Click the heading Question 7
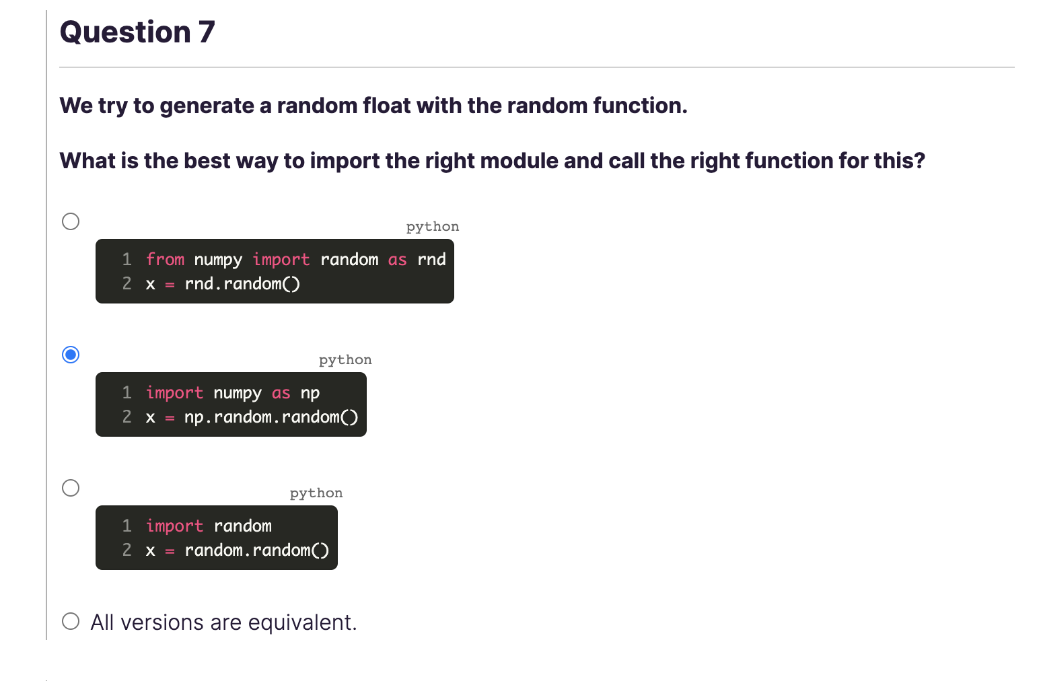click(x=137, y=32)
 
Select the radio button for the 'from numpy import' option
click(x=71, y=221)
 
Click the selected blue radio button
click(x=71, y=355)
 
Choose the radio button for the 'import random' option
click(x=71, y=488)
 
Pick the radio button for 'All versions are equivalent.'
click(x=71, y=621)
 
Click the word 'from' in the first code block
click(x=165, y=260)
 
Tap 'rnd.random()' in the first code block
click(x=242, y=284)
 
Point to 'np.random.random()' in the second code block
click(x=271, y=417)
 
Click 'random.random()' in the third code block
click(x=257, y=550)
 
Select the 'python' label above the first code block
click(x=432, y=227)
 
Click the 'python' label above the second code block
click(x=345, y=360)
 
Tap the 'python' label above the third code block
click(x=316, y=493)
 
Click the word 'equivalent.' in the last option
click(x=302, y=622)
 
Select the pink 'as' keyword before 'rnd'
click(x=397, y=260)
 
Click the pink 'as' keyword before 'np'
click(x=281, y=393)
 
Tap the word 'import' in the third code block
click(x=174, y=526)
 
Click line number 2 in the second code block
click(x=127, y=417)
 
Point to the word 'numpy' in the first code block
click(x=218, y=260)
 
